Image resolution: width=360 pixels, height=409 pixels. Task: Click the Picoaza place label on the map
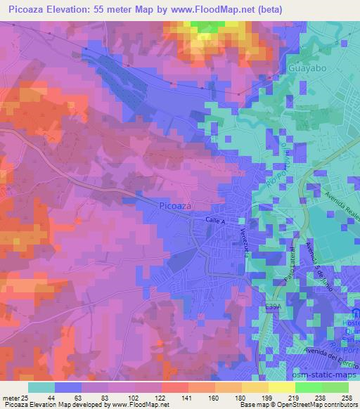pyautogui.click(x=175, y=205)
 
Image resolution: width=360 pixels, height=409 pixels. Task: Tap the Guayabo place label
pyautogui.click(x=307, y=69)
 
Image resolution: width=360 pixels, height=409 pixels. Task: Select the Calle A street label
pyautogui.click(x=214, y=221)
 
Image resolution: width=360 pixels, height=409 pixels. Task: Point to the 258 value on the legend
pyautogui.click(x=346, y=397)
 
